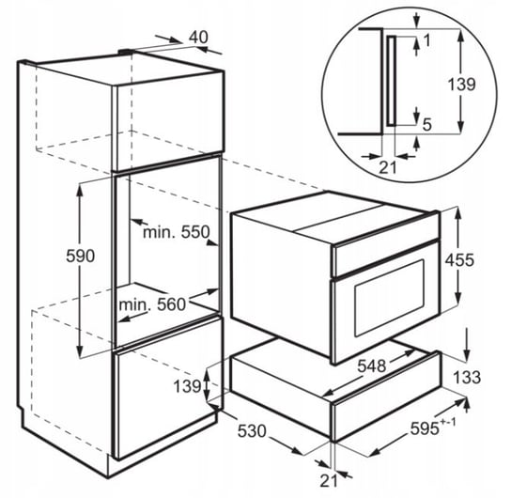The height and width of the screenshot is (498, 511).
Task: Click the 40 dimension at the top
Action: (199, 37)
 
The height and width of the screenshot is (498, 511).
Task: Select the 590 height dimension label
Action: (81, 256)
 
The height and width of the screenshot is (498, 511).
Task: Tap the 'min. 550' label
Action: (177, 232)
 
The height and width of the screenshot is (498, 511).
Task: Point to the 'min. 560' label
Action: (152, 304)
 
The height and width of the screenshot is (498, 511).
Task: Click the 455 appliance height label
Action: (459, 259)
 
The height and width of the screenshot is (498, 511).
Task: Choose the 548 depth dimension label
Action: (372, 366)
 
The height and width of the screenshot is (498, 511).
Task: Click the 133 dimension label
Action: (467, 377)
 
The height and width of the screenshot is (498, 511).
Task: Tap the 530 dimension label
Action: (252, 431)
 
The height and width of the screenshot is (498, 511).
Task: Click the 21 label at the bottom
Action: (329, 480)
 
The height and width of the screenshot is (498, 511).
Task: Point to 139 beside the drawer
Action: (187, 386)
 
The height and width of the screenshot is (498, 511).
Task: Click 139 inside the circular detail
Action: (461, 84)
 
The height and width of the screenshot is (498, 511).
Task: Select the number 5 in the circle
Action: (426, 124)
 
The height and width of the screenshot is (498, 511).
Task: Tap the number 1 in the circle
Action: (426, 40)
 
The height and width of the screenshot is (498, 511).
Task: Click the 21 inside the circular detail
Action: (388, 167)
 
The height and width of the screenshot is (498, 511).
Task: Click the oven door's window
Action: (390, 298)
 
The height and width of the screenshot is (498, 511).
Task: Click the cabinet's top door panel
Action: (169, 120)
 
